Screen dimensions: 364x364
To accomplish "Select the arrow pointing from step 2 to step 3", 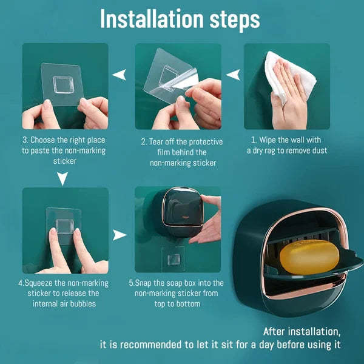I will [121, 75].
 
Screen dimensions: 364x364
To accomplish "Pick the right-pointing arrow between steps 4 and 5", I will [120, 234].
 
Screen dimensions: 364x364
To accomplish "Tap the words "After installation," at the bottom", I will [302, 332].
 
